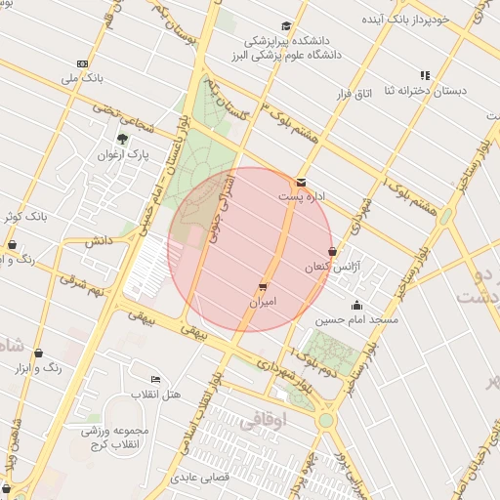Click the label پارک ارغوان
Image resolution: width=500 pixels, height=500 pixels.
[x=123, y=154]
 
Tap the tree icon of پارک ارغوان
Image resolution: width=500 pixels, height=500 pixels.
[x=122, y=139]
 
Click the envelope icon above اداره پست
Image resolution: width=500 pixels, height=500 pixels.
[x=300, y=182]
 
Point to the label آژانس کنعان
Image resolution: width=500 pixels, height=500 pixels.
[x=334, y=267]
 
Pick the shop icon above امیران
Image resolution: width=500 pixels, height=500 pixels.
[x=263, y=287]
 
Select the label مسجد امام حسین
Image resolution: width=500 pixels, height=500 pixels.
[x=356, y=319]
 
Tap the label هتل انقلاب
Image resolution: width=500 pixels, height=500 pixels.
[x=155, y=394]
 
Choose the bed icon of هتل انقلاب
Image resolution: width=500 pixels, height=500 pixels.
[x=155, y=379]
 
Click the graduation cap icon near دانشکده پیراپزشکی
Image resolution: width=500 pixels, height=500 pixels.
[x=286, y=26]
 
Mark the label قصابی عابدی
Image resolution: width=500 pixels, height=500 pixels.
[x=200, y=479]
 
